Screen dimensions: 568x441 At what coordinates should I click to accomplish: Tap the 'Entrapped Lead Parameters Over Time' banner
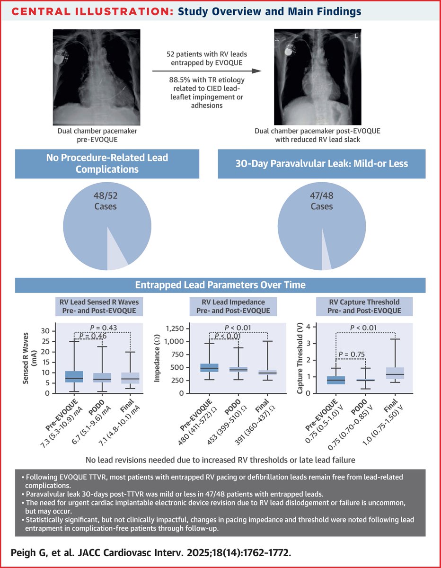coord(220,285)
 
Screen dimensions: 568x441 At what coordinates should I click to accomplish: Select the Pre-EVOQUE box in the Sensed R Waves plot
coord(74,377)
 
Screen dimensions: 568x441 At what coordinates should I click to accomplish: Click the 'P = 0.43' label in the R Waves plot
coord(103,328)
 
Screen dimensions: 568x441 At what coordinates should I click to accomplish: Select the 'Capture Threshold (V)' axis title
coord(300,359)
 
